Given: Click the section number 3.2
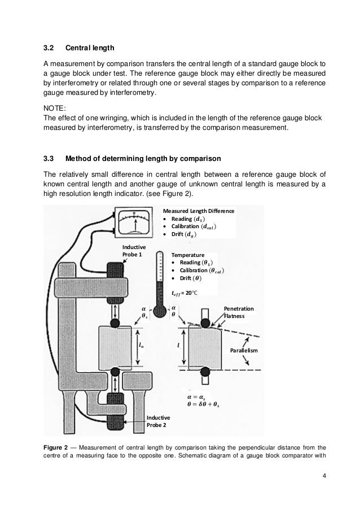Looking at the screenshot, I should tap(49, 47).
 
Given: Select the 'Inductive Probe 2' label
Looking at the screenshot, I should tap(158, 421).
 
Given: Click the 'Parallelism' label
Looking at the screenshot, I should tap(244, 351).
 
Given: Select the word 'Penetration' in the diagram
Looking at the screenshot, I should tap(239, 309).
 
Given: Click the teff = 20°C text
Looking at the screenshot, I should tap(188, 293).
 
